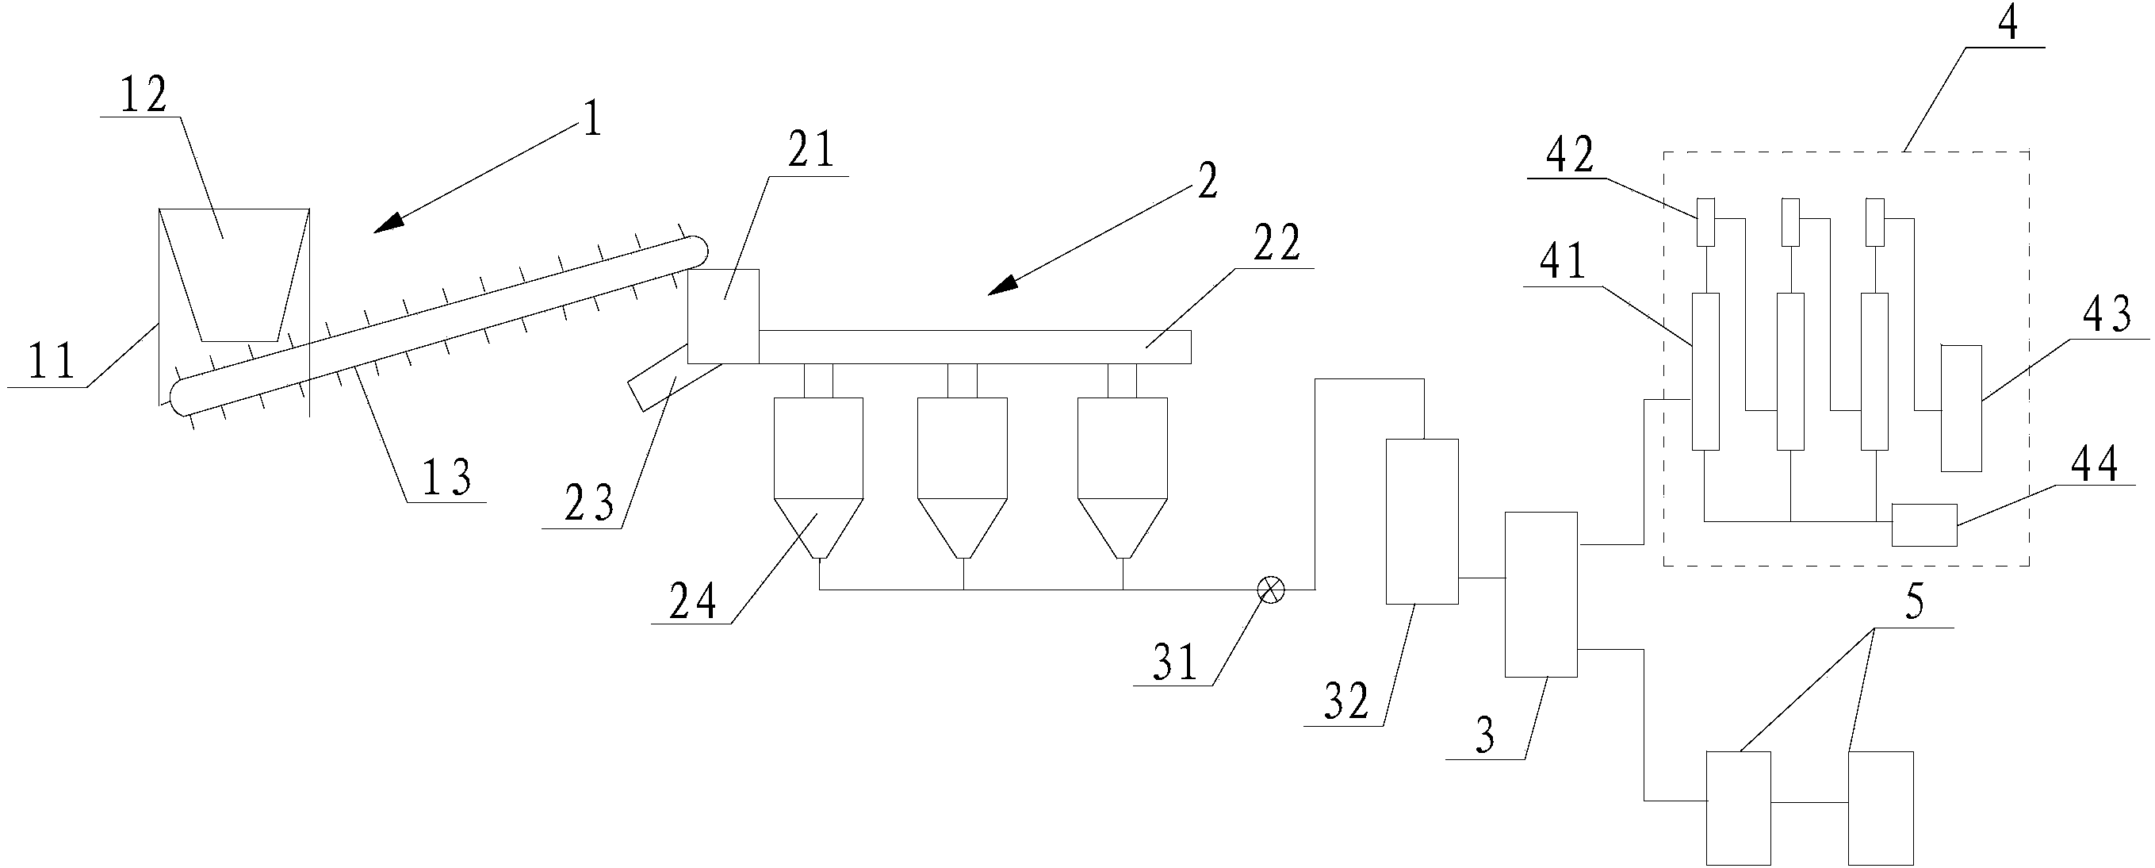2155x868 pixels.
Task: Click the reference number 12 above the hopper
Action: coord(144,95)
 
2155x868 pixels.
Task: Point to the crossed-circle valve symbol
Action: coord(1271,590)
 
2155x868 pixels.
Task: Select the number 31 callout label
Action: coord(1175,661)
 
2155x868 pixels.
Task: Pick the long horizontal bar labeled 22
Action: coord(974,347)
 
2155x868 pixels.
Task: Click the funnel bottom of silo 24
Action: coord(818,527)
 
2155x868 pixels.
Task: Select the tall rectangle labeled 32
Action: coord(1422,520)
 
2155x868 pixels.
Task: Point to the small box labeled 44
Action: coord(1923,524)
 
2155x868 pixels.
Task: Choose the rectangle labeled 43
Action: coord(1960,408)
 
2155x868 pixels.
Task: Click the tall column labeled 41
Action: coord(1705,371)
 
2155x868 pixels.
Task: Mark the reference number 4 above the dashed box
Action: coord(2007,24)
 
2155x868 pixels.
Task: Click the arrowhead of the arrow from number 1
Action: coord(385,224)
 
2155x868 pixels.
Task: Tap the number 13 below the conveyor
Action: coord(446,478)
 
